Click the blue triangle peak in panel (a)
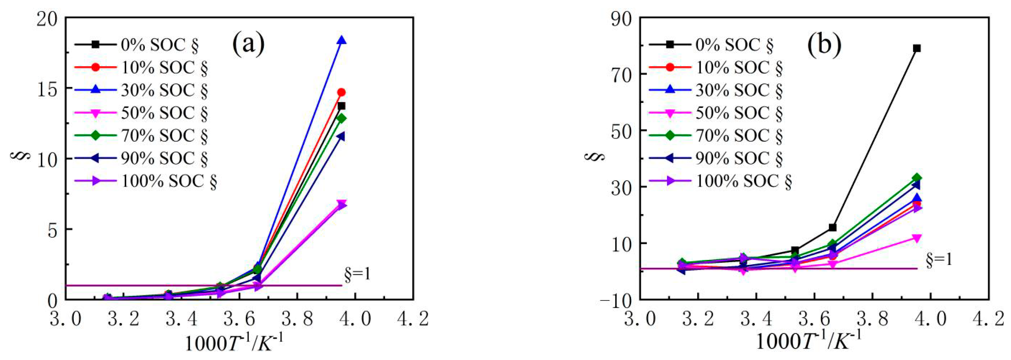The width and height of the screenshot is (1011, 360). pos(341,40)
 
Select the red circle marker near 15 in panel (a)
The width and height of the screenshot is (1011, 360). pos(341,92)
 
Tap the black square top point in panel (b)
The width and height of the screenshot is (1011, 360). pos(917,48)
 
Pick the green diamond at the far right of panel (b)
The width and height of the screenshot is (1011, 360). pos(917,178)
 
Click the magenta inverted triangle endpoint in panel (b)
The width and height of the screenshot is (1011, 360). pos(917,238)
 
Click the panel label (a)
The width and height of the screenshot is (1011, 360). pos(248,44)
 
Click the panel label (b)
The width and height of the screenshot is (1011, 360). pos(824,44)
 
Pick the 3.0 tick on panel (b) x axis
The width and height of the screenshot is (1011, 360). pos(640,319)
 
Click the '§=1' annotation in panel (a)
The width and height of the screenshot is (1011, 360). pos(357,275)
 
